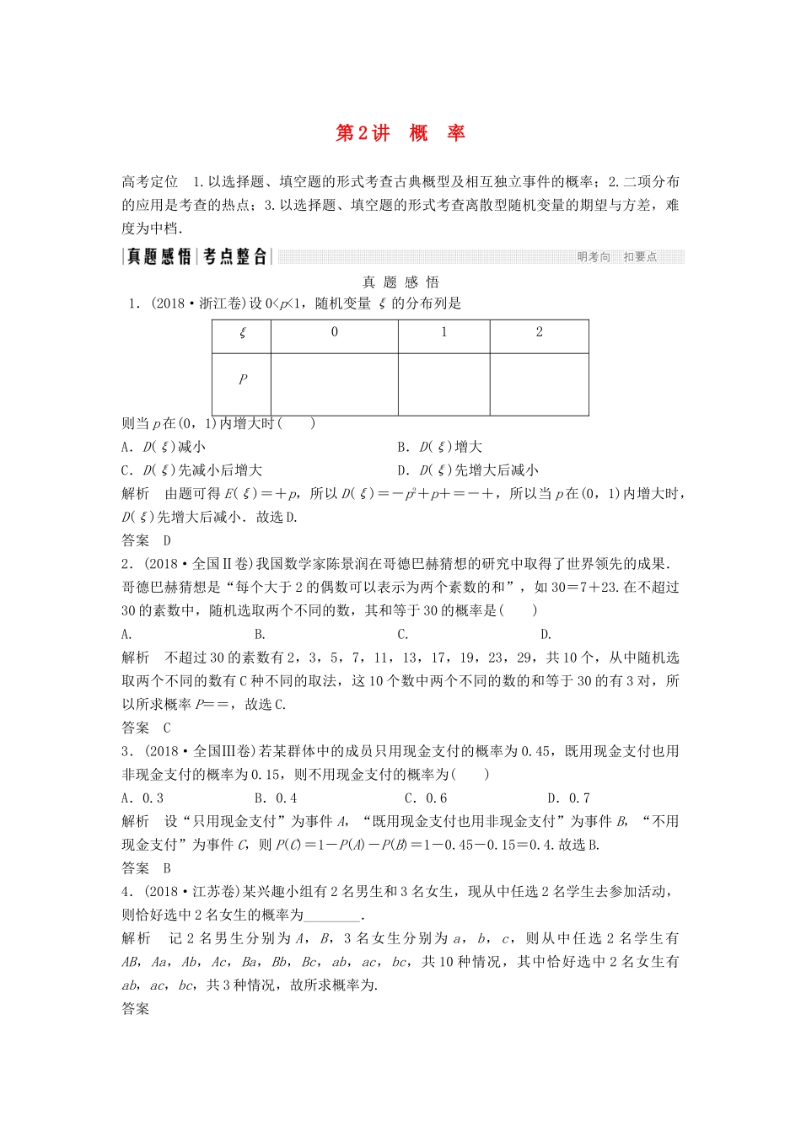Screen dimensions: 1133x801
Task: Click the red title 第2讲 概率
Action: (x=400, y=133)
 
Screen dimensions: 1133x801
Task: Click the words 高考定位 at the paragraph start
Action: (x=150, y=181)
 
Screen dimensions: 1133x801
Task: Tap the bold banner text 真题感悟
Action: (x=159, y=257)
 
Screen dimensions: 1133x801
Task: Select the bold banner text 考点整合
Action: (x=235, y=257)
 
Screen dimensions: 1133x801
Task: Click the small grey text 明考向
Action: (x=594, y=257)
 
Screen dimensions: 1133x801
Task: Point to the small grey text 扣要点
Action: (x=640, y=257)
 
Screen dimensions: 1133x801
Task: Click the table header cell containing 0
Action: (x=335, y=332)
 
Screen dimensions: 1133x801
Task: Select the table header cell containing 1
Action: (x=444, y=332)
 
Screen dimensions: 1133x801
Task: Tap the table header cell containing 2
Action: (x=540, y=332)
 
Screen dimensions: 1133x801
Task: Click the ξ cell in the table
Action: (x=243, y=333)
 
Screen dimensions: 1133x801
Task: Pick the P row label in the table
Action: (x=243, y=379)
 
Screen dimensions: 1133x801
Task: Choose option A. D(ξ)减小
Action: (x=164, y=447)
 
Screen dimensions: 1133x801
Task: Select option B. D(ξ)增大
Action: (x=439, y=447)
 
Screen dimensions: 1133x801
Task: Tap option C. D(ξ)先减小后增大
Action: (x=192, y=470)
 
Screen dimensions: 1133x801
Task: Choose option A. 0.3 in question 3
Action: (x=142, y=798)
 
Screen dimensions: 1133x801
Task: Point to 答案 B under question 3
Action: (x=147, y=868)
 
